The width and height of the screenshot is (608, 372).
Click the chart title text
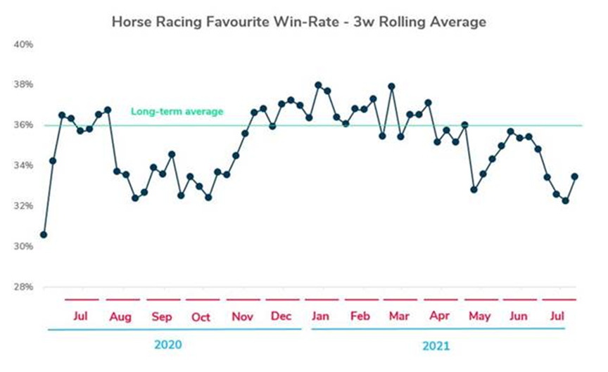(299, 22)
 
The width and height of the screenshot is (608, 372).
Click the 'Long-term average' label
(177, 111)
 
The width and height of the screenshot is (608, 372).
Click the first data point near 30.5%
(44, 234)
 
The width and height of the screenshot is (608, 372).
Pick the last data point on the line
(575, 177)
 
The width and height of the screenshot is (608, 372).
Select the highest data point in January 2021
(318, 85)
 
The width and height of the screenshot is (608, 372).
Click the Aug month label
(120, 317)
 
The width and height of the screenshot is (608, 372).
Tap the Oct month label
(201, 317)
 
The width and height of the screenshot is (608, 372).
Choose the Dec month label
(281, 316)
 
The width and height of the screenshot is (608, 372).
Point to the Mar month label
(399, 316)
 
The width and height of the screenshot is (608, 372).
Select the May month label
(480, 317)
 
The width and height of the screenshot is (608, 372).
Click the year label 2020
(168, 345)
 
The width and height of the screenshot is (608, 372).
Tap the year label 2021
(436, 345)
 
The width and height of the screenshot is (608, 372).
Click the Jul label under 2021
(556, 316)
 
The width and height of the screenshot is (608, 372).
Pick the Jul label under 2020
(80, 316)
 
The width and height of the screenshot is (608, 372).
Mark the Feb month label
(360, 316)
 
